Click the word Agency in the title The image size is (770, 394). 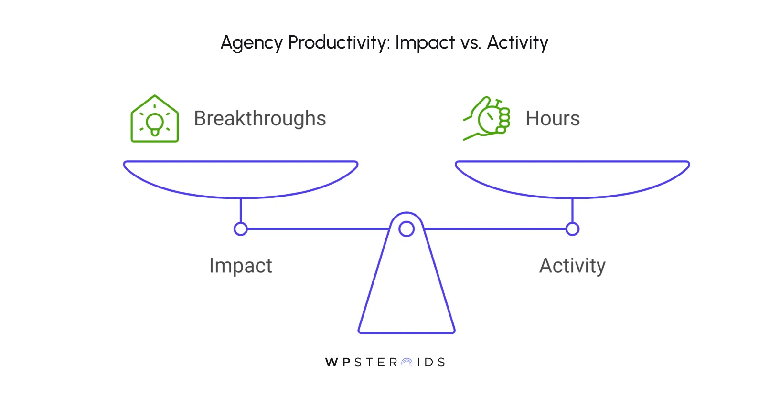pos(251,43)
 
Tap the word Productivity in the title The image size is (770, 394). pos(339,43)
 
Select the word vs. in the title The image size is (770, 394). pos(471,43)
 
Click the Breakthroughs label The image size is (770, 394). pos(260,118)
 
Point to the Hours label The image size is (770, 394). pos(553,118)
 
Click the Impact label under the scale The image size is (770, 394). pos(241,266)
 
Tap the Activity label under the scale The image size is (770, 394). pos(572,266)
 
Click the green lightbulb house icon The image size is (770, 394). pos(155,119)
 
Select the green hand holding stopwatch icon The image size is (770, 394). pos(487,118)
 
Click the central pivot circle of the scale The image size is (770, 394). pos(406,229)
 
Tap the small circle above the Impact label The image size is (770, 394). pos(241,229)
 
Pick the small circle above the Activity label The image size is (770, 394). pos(572,229)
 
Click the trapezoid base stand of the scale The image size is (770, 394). pos(406,296)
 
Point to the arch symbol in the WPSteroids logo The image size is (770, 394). pos(407,363)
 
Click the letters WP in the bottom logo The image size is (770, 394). pos(338,363)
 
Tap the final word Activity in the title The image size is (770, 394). pos(518,43)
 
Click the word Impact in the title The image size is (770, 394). pos(425,43)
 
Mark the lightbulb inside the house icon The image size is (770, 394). pos(155,124)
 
